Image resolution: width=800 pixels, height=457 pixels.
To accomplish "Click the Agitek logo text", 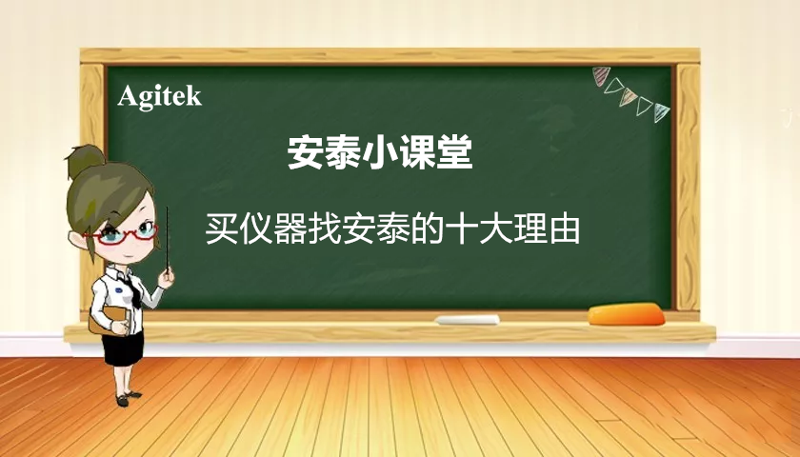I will [159, 95].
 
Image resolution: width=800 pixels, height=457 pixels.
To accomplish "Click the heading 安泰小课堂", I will [380, 152].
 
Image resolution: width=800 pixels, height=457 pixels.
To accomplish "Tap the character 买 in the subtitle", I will [222, 229].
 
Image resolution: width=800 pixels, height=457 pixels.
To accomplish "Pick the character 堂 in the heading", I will [454, 152].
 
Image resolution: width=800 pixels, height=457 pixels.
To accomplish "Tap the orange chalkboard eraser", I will [625, 313].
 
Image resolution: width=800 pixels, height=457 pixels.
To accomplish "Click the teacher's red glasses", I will [129, 231].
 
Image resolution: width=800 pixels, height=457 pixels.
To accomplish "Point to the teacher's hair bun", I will [84, 163].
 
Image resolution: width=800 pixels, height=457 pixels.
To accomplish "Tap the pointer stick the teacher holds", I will [168, 238].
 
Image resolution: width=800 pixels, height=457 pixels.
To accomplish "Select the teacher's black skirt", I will [123, 348].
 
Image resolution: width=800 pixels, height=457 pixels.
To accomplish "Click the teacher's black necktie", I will [133, 290].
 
